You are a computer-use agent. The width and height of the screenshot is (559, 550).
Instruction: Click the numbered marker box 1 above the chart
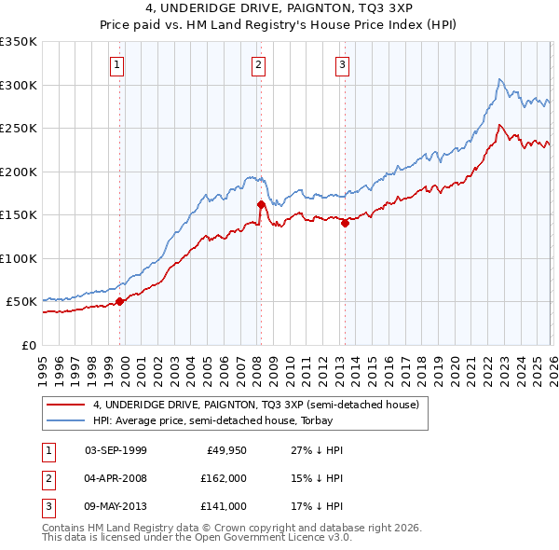[x=117, y=64]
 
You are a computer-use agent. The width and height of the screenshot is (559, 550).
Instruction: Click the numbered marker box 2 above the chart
[x=258, y=64]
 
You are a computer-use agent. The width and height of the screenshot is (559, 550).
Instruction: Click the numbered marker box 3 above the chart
[x=342, y=64]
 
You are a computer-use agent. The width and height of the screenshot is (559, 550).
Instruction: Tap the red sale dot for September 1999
[x=119, y=301]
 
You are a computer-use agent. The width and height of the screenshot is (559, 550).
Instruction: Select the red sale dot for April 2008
[x=261, y=204]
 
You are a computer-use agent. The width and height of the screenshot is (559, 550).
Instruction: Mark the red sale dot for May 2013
[x=345, y=222]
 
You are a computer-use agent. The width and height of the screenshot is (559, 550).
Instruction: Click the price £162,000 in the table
[x=224, y=478]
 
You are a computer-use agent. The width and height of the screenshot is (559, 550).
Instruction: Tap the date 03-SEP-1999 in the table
[x=116, y=450]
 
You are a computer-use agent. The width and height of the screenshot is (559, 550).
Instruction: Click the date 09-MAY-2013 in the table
[x=116, y=506]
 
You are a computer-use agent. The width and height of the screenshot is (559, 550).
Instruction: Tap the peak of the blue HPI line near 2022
[x=500, y=79]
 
